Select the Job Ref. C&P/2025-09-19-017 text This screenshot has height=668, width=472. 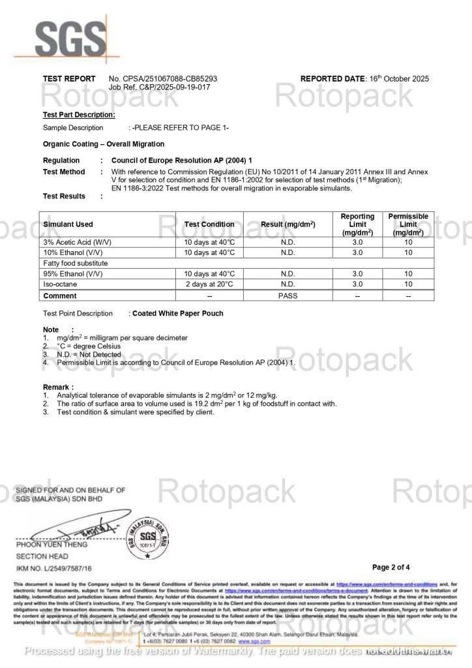click(159, 87)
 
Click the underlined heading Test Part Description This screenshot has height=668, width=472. click(79, 115)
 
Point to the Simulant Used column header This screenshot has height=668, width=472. click(68, 224)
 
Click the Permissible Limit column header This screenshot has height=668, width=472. click(408, 224)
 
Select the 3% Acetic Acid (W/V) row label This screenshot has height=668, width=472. click(77, 242)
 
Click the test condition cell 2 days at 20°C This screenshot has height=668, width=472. click(209, 284)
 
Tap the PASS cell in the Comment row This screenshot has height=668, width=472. click(288, 296)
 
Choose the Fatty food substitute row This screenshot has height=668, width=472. click(75, 263)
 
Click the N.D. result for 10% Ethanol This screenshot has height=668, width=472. click(288, 252)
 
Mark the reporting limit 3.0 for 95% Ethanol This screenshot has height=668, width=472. click(357, 274)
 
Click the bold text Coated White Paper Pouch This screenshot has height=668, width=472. click(178, 313)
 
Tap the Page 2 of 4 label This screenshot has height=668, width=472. click(391, 567)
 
